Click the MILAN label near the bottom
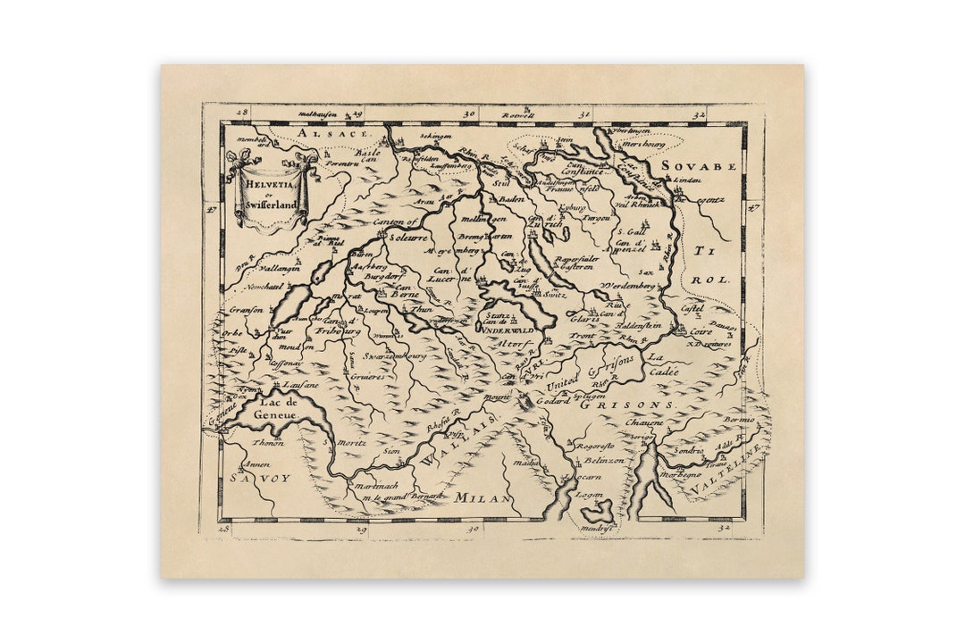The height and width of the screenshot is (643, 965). (x=482, y=497)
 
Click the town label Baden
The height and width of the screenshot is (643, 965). (x=510, y=199)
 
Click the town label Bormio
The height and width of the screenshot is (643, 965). (x=739, y=418)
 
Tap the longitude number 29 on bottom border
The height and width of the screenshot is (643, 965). (x=361, y=530)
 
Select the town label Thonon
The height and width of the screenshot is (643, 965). (x=268, y=442)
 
